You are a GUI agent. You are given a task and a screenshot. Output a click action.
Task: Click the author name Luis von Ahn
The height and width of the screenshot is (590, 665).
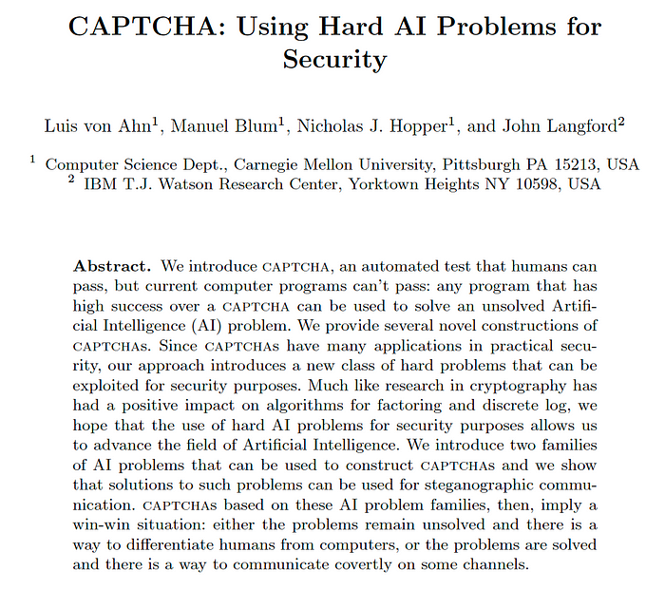click(96, 126)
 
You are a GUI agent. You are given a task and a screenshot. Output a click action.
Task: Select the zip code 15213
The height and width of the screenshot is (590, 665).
click(579, 164)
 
